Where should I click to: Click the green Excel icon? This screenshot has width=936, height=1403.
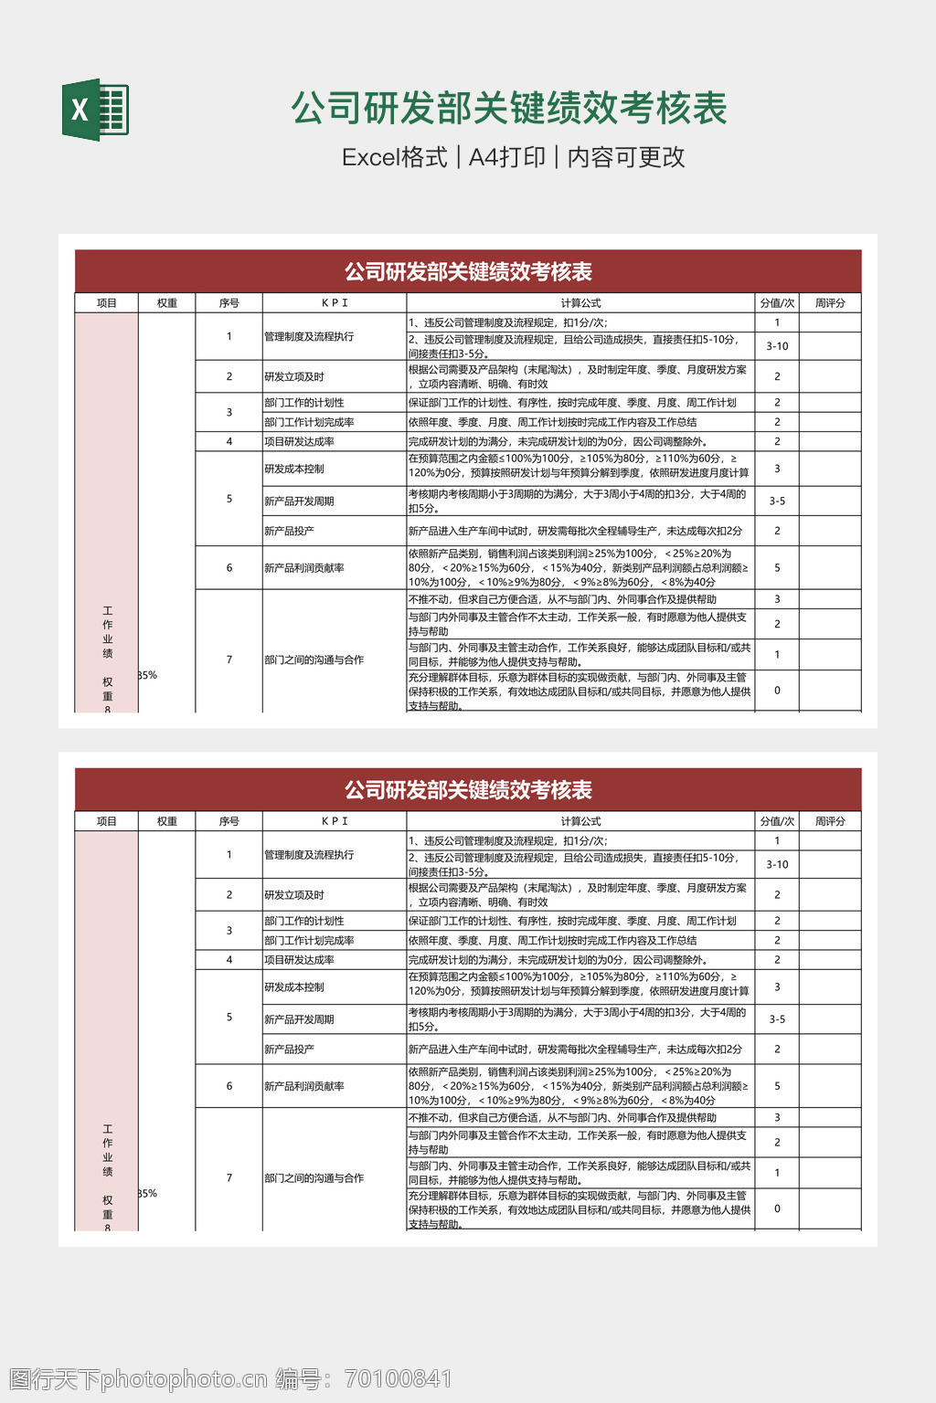click(95, 111)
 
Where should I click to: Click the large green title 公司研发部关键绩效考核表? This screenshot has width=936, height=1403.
click(509, 109)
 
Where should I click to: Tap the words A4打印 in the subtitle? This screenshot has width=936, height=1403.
click(506, 157)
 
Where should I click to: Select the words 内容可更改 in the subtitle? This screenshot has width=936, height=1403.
click(626, 157)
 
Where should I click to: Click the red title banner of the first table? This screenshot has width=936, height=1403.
click(468, 271)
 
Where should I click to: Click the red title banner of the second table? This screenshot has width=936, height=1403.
click(468, 790)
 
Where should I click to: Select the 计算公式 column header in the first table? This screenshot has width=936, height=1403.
click(580, 303)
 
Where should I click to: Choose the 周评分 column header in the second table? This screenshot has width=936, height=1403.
click(830, 821)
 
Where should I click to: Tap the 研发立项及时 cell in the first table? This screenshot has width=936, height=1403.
click(294, 376)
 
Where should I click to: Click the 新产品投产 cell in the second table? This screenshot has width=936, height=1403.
click(289, 1050)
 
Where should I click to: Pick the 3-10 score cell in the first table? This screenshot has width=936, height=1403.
click(777, 346)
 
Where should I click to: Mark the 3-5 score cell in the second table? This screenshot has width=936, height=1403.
click(777, 1019)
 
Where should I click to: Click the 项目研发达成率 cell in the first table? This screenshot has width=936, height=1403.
click(299, 442)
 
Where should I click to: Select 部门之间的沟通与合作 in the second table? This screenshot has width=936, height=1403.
click(314, 1178)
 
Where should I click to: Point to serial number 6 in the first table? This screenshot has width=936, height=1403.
click(229, 568)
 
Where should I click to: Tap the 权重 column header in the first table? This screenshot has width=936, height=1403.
click(167, 303)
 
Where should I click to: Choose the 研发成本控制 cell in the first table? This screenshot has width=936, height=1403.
click(294, 469)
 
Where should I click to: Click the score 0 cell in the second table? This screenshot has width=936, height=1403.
click(777, 1208)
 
